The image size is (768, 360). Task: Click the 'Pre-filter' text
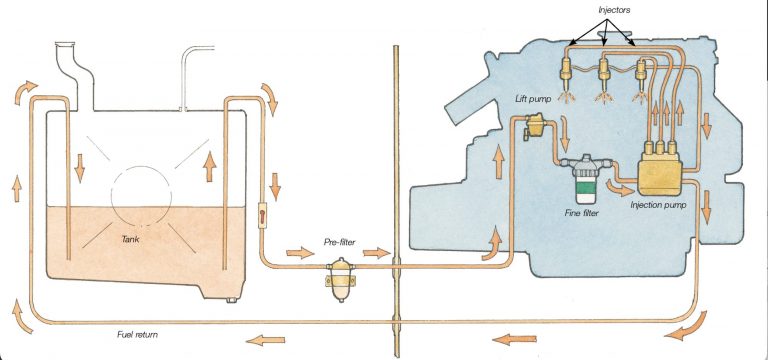coord(339,241)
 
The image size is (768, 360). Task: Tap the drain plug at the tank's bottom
coord(233,297)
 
